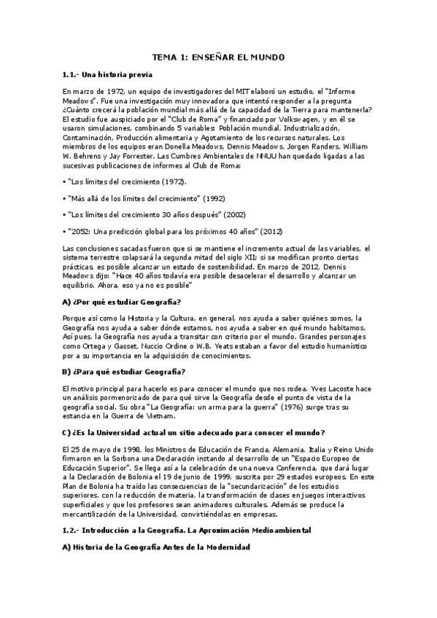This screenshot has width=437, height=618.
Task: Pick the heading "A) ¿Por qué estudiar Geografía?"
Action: (x=122, y=302)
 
